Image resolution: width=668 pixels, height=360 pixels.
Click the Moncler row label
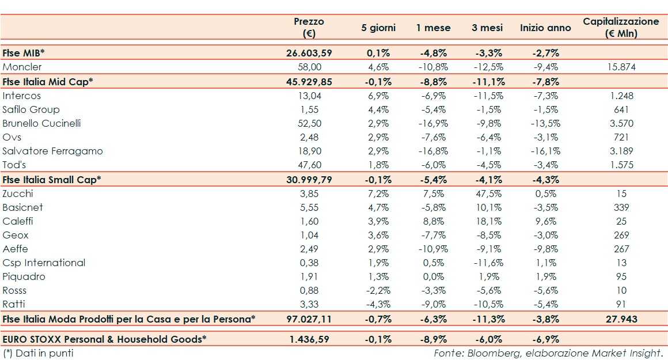point(22,67)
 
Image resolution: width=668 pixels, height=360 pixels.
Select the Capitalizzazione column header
point(621,27)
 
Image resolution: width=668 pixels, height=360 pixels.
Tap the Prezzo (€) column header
point(309,27)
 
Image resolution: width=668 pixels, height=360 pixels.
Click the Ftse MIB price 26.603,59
point(309,53)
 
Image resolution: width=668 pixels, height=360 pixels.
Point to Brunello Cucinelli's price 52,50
point(309,123)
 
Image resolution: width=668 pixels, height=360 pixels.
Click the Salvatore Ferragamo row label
point(52,151)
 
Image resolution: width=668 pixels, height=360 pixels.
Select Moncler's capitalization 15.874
point(621,67)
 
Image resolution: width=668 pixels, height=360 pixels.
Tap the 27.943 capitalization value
point(621,319)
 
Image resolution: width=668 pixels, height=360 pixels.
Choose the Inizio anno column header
point(545,28)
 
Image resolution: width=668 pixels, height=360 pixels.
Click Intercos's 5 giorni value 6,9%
point(378,96)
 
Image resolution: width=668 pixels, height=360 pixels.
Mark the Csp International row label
point(44,263)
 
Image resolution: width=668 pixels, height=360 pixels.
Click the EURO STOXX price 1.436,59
point(309,339)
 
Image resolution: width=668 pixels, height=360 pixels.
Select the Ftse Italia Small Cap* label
point(52,179)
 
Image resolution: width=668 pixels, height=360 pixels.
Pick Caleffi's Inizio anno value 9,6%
point(546,221)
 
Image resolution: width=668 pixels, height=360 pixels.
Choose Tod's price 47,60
point(309,165)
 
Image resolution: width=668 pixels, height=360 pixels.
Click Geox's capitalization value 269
point(621,235)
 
